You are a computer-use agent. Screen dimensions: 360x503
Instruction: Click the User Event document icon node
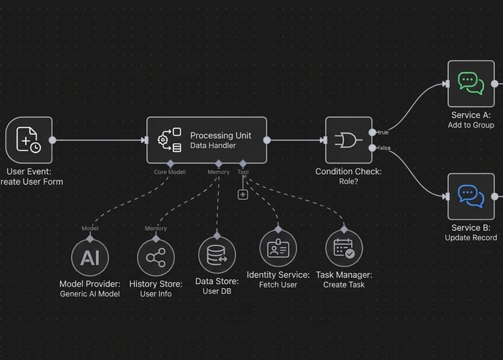coord(29,139)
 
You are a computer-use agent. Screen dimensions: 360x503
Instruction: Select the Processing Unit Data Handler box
coord(206,140)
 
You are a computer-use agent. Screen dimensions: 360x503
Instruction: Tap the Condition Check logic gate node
coord(348,140)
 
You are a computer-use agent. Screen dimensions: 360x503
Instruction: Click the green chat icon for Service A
coord(471,84)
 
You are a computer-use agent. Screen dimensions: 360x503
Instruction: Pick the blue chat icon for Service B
coord(471,196)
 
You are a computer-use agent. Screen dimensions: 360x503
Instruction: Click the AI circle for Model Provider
coord(90,257)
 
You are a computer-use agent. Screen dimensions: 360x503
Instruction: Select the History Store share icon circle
coord(156,257)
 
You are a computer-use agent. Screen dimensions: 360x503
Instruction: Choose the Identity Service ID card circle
coord(278,249)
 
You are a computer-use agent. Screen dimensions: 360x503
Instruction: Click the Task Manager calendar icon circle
coord(344,249)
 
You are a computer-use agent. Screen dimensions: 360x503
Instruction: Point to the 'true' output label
coord(383,133)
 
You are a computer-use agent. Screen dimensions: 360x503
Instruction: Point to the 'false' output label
coord(384,148)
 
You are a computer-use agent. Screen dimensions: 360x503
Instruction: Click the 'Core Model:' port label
coord(170,172)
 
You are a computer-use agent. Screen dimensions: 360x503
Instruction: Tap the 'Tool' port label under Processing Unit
coord(243,172)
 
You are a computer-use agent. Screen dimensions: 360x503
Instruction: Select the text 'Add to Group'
coord(471,125)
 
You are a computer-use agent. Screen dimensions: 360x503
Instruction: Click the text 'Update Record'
coord(471,238)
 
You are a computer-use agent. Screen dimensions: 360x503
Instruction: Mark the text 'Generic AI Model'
coord(90,294)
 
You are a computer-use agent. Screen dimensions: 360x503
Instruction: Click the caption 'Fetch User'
coord(278,285)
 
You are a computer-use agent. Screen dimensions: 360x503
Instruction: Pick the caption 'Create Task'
coord(344,285)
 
